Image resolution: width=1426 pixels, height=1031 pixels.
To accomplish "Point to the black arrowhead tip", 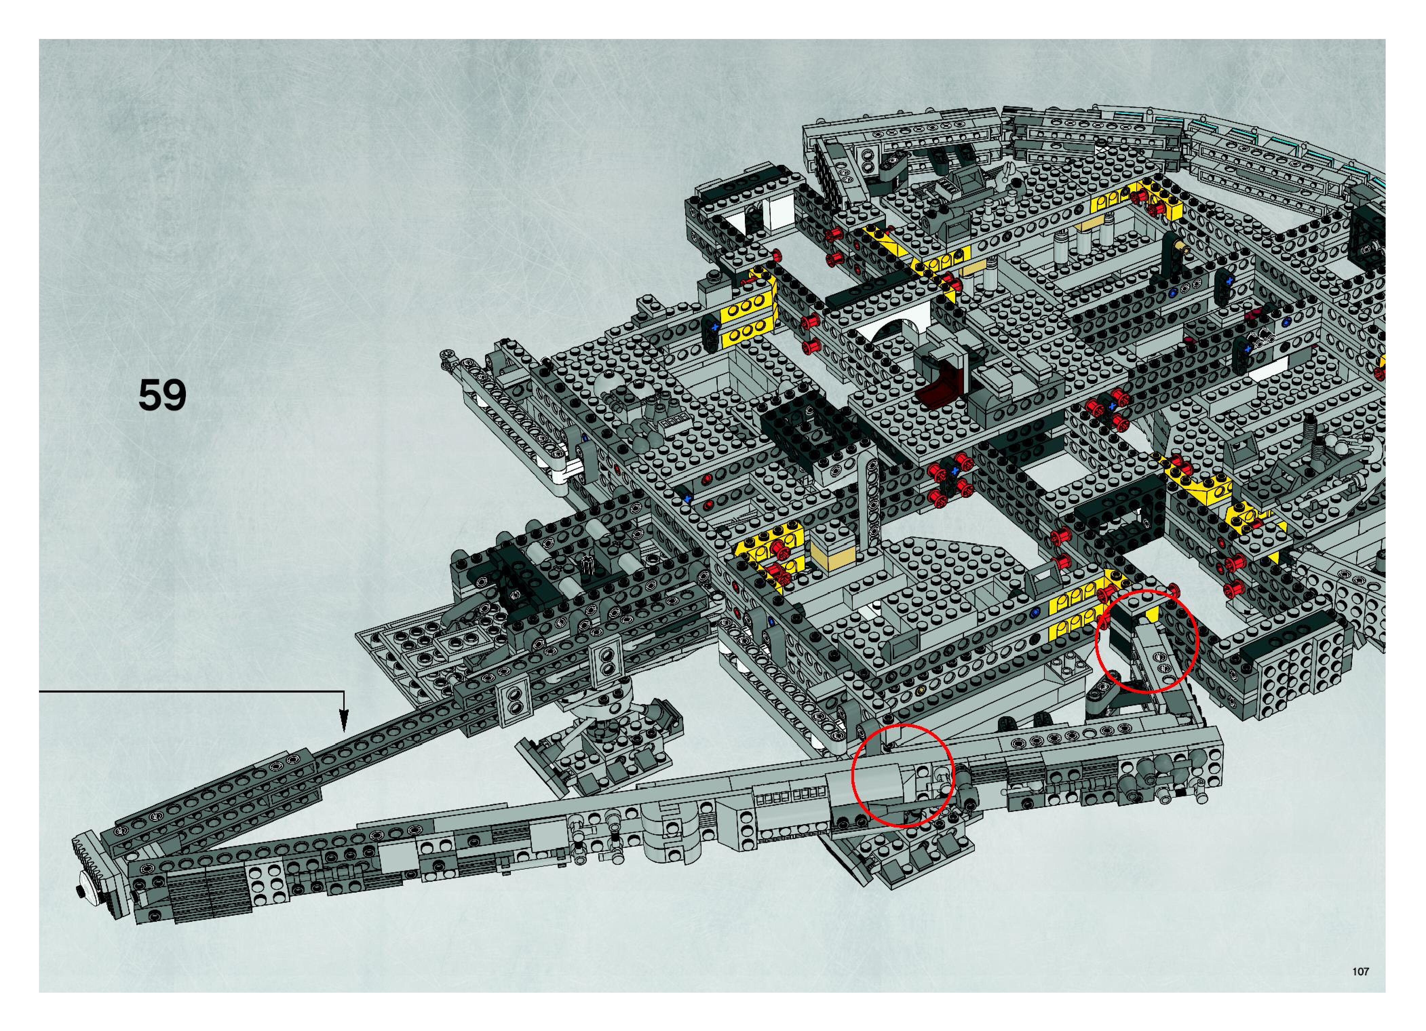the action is (343, 729).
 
